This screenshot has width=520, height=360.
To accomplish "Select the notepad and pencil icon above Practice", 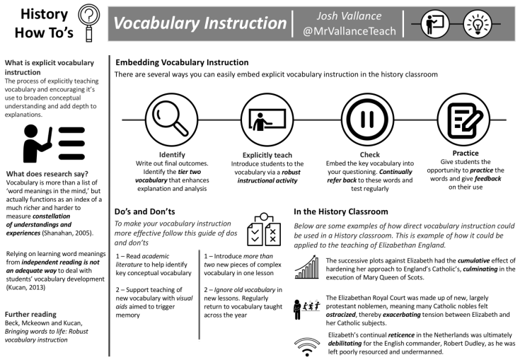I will [x=465, y=117].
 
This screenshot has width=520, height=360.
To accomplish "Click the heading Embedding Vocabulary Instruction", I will [x=181, y=62].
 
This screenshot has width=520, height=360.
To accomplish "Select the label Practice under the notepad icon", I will [x=465, y=153].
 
